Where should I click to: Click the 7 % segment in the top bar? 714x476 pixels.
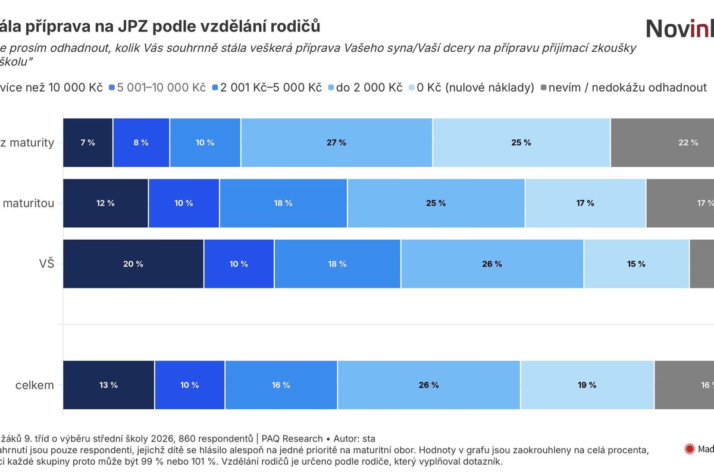coord(87,143)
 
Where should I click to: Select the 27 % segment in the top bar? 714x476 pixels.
coord(336,143)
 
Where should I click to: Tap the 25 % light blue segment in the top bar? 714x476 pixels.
coord(521,143)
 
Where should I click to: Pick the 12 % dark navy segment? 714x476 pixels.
coord(105,203)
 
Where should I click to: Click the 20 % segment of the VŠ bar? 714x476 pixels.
coord(133,264)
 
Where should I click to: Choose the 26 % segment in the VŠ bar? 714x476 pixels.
coord(492,264)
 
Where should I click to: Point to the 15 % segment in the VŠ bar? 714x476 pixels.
coord(636,264)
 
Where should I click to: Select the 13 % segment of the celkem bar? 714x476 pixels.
coord(108,385)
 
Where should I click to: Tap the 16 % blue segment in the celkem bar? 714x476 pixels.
coord(281,385)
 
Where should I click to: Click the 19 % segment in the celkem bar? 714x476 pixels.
coord(587,385)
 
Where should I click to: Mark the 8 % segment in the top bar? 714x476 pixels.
coord(141,143)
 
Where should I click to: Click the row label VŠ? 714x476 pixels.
coord(45,264)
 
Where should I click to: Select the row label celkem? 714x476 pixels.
coord(35,385)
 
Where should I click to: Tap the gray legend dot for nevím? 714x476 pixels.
coord(544,88)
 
